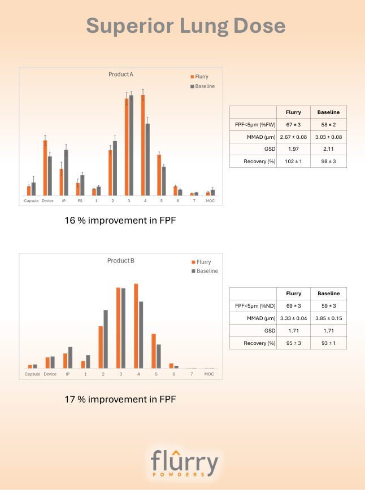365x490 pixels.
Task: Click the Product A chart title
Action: pos(121,75)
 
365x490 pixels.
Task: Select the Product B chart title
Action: pos(121,261)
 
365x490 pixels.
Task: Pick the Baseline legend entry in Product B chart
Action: pos(205,271)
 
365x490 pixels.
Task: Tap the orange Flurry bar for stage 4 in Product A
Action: pos(143,145)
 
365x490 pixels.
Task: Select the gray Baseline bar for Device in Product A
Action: pos(50,176)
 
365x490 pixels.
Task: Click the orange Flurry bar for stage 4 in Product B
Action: pos(136,326)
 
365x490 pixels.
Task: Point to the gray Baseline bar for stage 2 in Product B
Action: pos(105,339)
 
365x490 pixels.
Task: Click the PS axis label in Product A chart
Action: pos(80,201)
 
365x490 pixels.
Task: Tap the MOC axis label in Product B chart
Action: pos(209,374)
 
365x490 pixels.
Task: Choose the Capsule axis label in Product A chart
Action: pos(31,201)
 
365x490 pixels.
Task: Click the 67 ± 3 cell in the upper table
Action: pos(293,124)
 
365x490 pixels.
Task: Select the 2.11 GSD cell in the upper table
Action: pos(328,149)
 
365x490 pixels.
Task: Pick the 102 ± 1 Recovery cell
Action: pos(293,161)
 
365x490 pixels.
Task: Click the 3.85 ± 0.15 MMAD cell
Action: pos(328,318)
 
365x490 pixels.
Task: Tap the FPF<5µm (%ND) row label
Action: pos(253,306)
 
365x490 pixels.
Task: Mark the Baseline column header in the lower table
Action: pos(328,294)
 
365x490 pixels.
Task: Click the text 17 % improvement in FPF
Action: pos(120,399)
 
